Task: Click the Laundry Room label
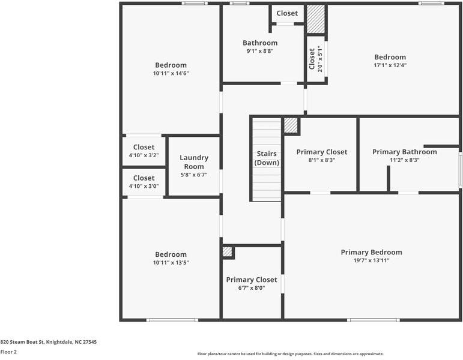[194, 162]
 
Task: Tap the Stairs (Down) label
[267, 158]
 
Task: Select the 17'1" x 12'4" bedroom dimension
[390, 65]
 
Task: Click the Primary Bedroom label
[372, 252]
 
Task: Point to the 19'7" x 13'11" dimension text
[372, 260]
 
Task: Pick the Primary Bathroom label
[405, 152]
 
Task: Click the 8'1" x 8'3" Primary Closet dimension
[321, 160]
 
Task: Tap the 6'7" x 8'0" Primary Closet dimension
[252, 288]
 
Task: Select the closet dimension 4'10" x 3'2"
[144, 155]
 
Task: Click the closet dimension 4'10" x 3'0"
[144, 186]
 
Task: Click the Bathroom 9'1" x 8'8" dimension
[260, 51]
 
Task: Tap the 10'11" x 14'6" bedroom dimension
[171, 73]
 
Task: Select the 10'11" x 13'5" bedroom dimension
[171, 262]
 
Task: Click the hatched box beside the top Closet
[316, 19]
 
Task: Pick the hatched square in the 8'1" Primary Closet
[291, 125]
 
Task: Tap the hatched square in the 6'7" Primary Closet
[227, 252]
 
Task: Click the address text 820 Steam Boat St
[22, 342]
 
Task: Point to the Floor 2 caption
[8, 352]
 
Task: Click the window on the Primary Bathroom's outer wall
[461, 170]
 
